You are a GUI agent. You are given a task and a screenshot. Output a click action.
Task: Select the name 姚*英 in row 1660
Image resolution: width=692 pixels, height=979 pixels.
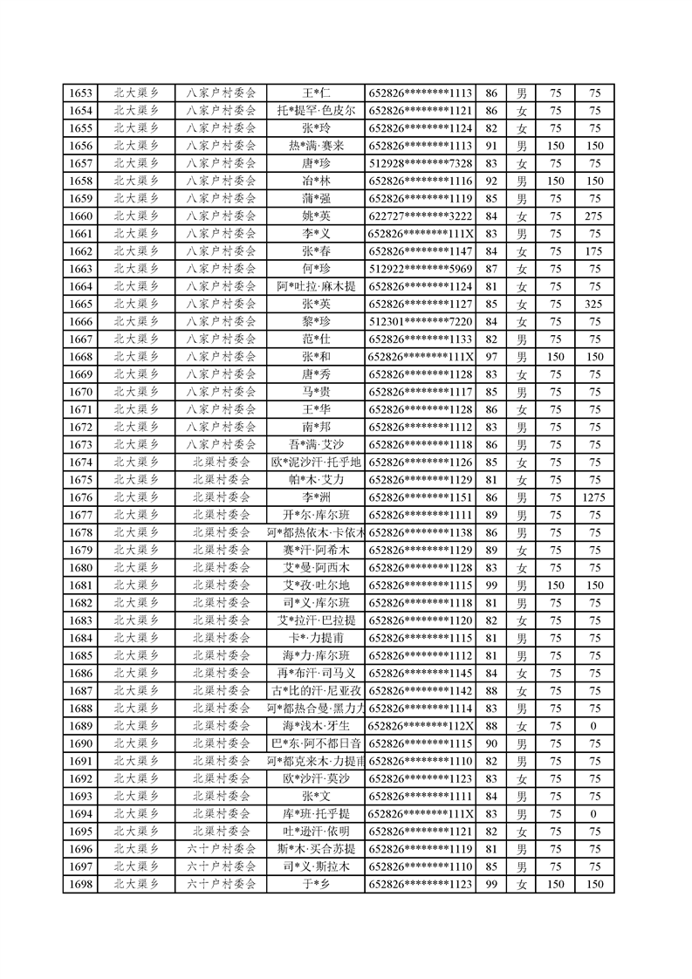pyautogui.click(x=316, y=216)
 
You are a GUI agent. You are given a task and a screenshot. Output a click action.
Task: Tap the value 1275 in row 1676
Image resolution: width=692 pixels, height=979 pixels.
pyautogui.click(x=595, y=497)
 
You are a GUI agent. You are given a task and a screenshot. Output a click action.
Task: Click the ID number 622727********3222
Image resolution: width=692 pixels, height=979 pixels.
pyautogui.click(x=421, y=216)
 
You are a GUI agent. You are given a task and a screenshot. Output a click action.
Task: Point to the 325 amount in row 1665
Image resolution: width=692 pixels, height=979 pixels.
pyautogui.click(x=595, y=304)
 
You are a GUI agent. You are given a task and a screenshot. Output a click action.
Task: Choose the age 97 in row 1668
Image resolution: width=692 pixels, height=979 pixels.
pyautogui.click(x=491, y=357)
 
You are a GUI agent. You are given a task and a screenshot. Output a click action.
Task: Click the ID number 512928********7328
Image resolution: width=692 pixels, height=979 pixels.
pyautogui.click(x=421, y=163)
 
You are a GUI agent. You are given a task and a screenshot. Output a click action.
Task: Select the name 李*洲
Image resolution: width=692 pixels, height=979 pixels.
pyautogui.click(x=316, y=497)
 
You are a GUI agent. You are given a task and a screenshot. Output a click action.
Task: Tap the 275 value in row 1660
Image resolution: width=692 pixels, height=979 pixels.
pyautogui.click(x=595, y=216)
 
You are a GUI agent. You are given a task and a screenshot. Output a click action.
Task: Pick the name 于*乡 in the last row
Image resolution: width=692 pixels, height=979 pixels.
pyautogui.click(x=316, y=884)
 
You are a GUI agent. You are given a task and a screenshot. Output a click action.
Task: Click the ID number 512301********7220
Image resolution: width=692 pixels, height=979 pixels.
pyautogui.click(x=421, y=321)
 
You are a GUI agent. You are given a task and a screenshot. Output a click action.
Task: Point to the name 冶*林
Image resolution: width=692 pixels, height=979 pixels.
pyautogui.click(x=316, y=181)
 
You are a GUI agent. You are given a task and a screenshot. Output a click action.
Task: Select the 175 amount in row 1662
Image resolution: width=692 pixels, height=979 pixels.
pyautogui.click(x=595, y=251)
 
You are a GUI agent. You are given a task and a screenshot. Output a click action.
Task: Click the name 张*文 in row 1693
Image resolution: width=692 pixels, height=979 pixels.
pyautogui.click(x=316, y=796)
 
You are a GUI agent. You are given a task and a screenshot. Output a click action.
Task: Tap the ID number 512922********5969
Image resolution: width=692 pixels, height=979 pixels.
pyautogui.click(x=421, y=269)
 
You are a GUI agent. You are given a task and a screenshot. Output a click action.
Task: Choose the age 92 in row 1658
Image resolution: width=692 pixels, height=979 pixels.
pyautogui.click(x=491, y=181)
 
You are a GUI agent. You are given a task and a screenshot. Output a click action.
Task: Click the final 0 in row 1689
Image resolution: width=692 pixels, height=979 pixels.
pyautogui.click(x=595, y=726)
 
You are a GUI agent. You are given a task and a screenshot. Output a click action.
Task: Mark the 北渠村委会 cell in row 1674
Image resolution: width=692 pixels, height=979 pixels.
pyautogui.click(x=222, y=462)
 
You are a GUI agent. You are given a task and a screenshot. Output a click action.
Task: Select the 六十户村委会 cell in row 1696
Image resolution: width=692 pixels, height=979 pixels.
pyautogui.click(x=222, y=849)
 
